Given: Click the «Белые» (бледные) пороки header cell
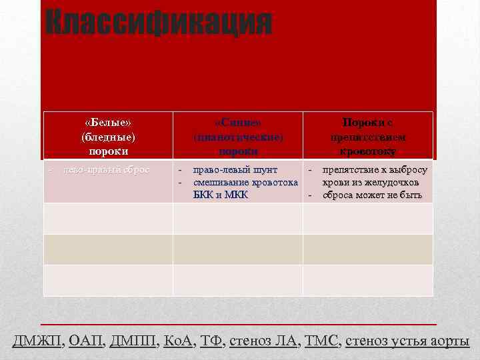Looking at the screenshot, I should (x=108, y=137).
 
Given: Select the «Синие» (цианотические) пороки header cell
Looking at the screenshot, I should (x=238, y=137).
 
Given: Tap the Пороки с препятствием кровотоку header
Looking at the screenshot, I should (x=368, y=137).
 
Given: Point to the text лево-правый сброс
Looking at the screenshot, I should (x=107, y=169).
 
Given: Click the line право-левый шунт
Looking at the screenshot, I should (x=235, y=170).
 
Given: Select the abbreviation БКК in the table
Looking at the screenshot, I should (x=205, y=195).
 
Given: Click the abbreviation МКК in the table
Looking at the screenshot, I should (x=236, y=195).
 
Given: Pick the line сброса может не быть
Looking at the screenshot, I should (x=372, y=195).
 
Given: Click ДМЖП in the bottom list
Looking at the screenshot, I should (x=37, y=341).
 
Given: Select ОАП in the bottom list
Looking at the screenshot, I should (x=85, y=341).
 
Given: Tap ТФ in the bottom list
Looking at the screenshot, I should (x=211, y=341).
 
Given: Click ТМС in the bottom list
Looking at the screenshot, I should (x=322, y=341).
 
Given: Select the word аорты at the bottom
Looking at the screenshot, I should (x=449, y=341).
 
